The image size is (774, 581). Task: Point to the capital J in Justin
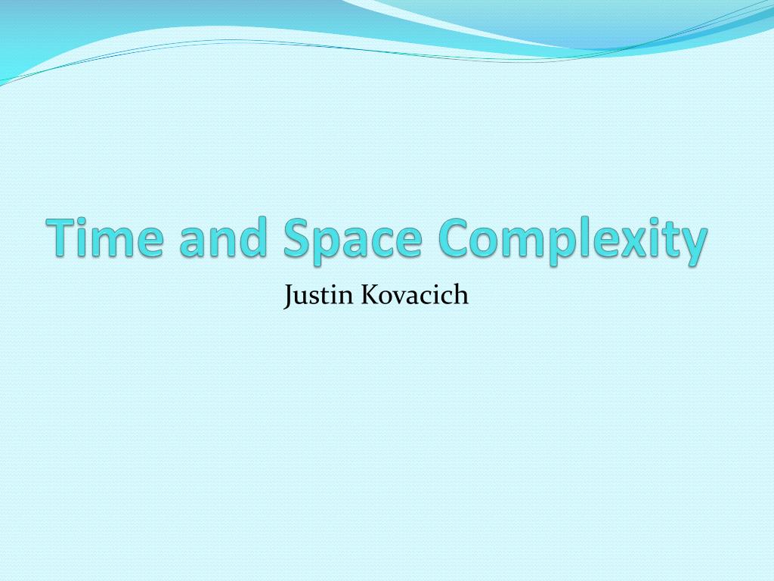288,296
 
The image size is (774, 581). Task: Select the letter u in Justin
300,297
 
